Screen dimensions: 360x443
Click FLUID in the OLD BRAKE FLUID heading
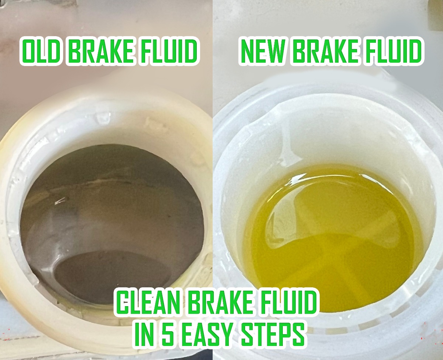point(168,52)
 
